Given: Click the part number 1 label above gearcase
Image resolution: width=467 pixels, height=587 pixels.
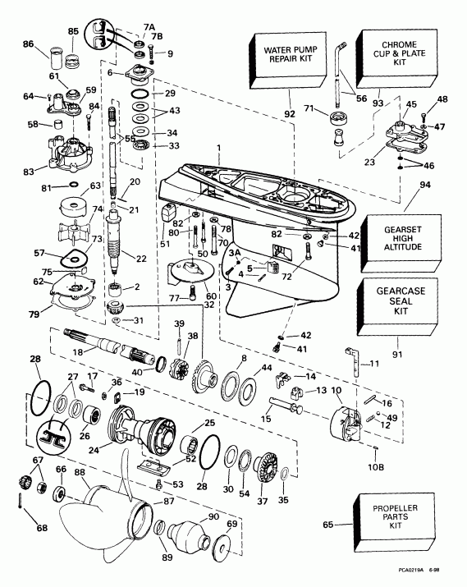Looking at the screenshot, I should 219,146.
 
